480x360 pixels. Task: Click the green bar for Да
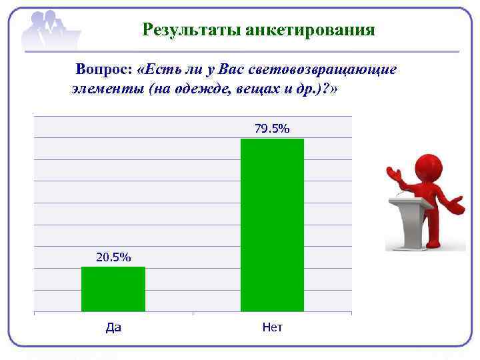coord(113,289)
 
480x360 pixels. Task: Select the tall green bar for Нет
coord(272,225)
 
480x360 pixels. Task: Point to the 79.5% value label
coord(272,129)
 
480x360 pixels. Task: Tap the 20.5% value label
coord(113,257)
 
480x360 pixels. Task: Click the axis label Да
coord(113,327)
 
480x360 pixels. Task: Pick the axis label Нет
coord(272,327)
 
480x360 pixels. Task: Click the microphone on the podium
coord(399,193)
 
